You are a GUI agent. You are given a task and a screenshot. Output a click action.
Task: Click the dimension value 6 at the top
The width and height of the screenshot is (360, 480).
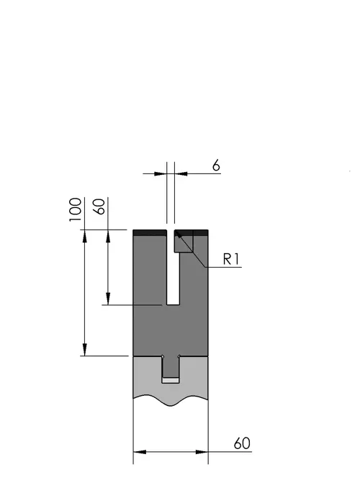coord(216,166)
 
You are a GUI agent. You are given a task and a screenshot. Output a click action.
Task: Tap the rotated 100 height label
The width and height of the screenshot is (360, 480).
coord(76,209)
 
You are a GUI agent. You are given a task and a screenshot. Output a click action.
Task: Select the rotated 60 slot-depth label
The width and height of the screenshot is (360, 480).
coord(99,207)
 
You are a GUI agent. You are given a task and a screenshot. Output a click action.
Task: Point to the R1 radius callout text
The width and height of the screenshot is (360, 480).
coord(230,259)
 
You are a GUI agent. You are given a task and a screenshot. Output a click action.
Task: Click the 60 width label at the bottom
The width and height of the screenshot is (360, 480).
coord(242,443)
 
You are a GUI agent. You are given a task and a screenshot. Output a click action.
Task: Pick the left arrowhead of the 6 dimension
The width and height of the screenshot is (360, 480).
coord(161,174)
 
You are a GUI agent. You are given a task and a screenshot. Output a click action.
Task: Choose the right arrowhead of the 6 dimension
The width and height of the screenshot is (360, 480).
coord(181,174)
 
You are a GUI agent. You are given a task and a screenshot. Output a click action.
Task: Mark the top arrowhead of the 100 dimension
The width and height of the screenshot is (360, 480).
coord(84,236)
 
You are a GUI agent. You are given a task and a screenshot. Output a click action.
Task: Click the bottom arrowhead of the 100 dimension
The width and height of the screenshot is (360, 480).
coord(84,350)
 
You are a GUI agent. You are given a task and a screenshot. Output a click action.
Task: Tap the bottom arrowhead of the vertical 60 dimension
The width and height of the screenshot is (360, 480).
coord(108,299)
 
